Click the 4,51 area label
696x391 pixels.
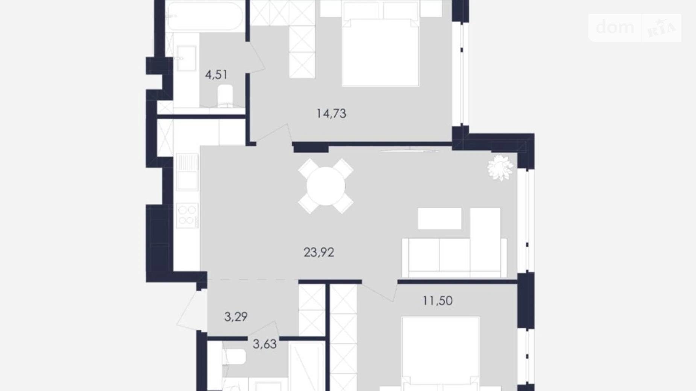216,74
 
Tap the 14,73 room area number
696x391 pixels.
331,113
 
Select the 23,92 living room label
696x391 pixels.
319,252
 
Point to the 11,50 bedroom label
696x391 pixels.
437,301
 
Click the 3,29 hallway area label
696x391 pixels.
236,317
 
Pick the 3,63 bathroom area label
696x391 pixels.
264,344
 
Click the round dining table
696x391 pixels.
326,186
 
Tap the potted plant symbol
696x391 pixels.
500,167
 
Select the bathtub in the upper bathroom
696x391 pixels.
205,16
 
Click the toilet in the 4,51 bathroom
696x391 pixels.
225,95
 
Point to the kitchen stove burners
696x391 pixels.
187,215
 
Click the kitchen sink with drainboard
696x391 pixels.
187,172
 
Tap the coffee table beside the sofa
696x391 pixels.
440,218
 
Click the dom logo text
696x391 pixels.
615,27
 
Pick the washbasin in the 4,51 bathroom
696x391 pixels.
187,58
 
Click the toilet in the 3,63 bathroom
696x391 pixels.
234,356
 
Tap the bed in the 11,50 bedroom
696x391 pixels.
441,354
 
